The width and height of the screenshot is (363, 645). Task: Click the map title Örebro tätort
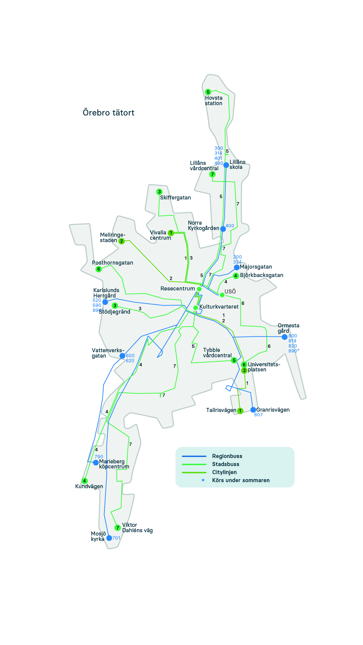(108, 112)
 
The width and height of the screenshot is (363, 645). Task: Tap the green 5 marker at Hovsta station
(208, 92)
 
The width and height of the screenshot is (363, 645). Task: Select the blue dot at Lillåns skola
(226, 165)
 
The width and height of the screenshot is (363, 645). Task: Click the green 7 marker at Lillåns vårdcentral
(212, 174)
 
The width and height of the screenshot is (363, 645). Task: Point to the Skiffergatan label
(175, 198)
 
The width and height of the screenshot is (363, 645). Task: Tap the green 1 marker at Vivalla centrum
(171, 233)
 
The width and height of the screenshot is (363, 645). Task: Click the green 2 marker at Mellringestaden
(122, 241)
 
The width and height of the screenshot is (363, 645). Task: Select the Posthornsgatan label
(112, 263)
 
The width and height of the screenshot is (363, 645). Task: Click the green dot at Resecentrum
(199, 289)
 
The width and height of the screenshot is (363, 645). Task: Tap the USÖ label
(230, 291)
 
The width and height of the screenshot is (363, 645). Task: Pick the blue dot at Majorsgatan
(237, 267)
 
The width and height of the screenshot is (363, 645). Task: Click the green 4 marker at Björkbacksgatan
(236, 276)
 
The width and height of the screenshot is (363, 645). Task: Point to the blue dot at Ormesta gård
(285, 337)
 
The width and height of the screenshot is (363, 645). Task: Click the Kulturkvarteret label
(219, 307)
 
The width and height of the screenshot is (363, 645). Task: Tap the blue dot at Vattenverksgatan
(122, 356)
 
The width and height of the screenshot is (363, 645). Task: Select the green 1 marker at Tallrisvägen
(240, 411)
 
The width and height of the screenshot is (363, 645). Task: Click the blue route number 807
(259, 415)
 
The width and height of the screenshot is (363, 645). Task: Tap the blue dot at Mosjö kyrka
(109, 538)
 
